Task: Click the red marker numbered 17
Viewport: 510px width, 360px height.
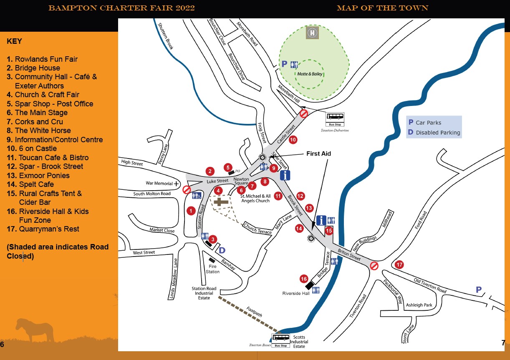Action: click(399, 264)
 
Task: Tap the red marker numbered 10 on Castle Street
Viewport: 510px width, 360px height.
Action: click(293, 140)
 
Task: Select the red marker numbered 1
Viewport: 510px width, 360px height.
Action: click(191, 211)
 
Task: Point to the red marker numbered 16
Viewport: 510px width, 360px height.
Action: click(304, 279)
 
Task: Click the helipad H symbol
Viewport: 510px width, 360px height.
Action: click(312, 33)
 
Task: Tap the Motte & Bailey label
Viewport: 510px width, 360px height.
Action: click(310, 74)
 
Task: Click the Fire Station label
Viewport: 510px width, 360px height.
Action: click(212, 269)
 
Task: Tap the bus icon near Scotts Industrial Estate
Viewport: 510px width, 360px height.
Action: click(280, 338)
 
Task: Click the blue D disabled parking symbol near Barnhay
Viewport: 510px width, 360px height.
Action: click(222, 250)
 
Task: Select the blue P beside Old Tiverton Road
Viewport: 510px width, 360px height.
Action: click(479, 289)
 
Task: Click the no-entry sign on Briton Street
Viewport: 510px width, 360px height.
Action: click(374, 266)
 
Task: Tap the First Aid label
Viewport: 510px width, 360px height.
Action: click(318, 154)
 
